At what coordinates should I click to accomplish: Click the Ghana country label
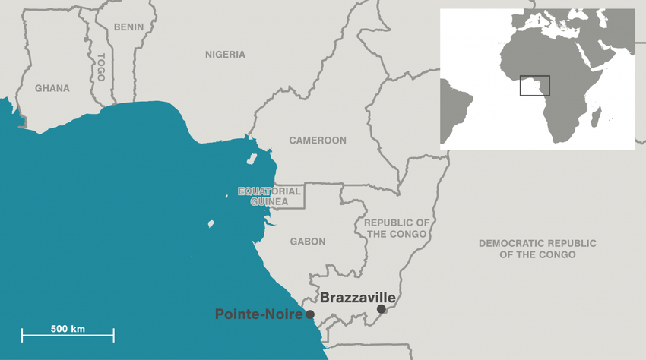pyautogui.click(x=52, y=88)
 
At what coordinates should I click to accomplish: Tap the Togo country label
pyautogui.click(x=100, y=68)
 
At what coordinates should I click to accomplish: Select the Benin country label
pyautogui.click(x=128, y=27)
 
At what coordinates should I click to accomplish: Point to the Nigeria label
pyautogui.click(x=225, y=55)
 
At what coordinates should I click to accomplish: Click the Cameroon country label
pyautogui.click(x=318, y=141)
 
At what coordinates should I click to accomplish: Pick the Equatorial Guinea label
pyautogui.click(x=270, y=197)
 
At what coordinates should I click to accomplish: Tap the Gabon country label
pyautogui.click(x=308, y=242)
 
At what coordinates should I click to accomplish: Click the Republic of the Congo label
pyautogui.click(x=397, y=228)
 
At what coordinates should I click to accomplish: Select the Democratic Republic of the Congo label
pyautogui.click(x=537, y=248)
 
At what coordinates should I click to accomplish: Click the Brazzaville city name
pyautogui.click(x=357, y=298)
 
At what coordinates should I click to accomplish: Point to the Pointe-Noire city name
pyautogui.click(x=259, y=314)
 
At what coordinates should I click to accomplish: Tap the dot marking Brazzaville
pyautogui.click(x=382, y=309)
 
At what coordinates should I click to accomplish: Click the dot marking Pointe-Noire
pyautogui.click(x=310, y=314)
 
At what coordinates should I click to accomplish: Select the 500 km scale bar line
pyautogui.click(x=68, y=335)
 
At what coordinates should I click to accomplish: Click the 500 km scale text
pyautogui.click(x=68, y=329)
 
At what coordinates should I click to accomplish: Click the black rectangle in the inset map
pyautogui.click(x=535, y=86)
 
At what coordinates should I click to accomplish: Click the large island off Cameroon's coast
pyautogui.click(x=252, y=159)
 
